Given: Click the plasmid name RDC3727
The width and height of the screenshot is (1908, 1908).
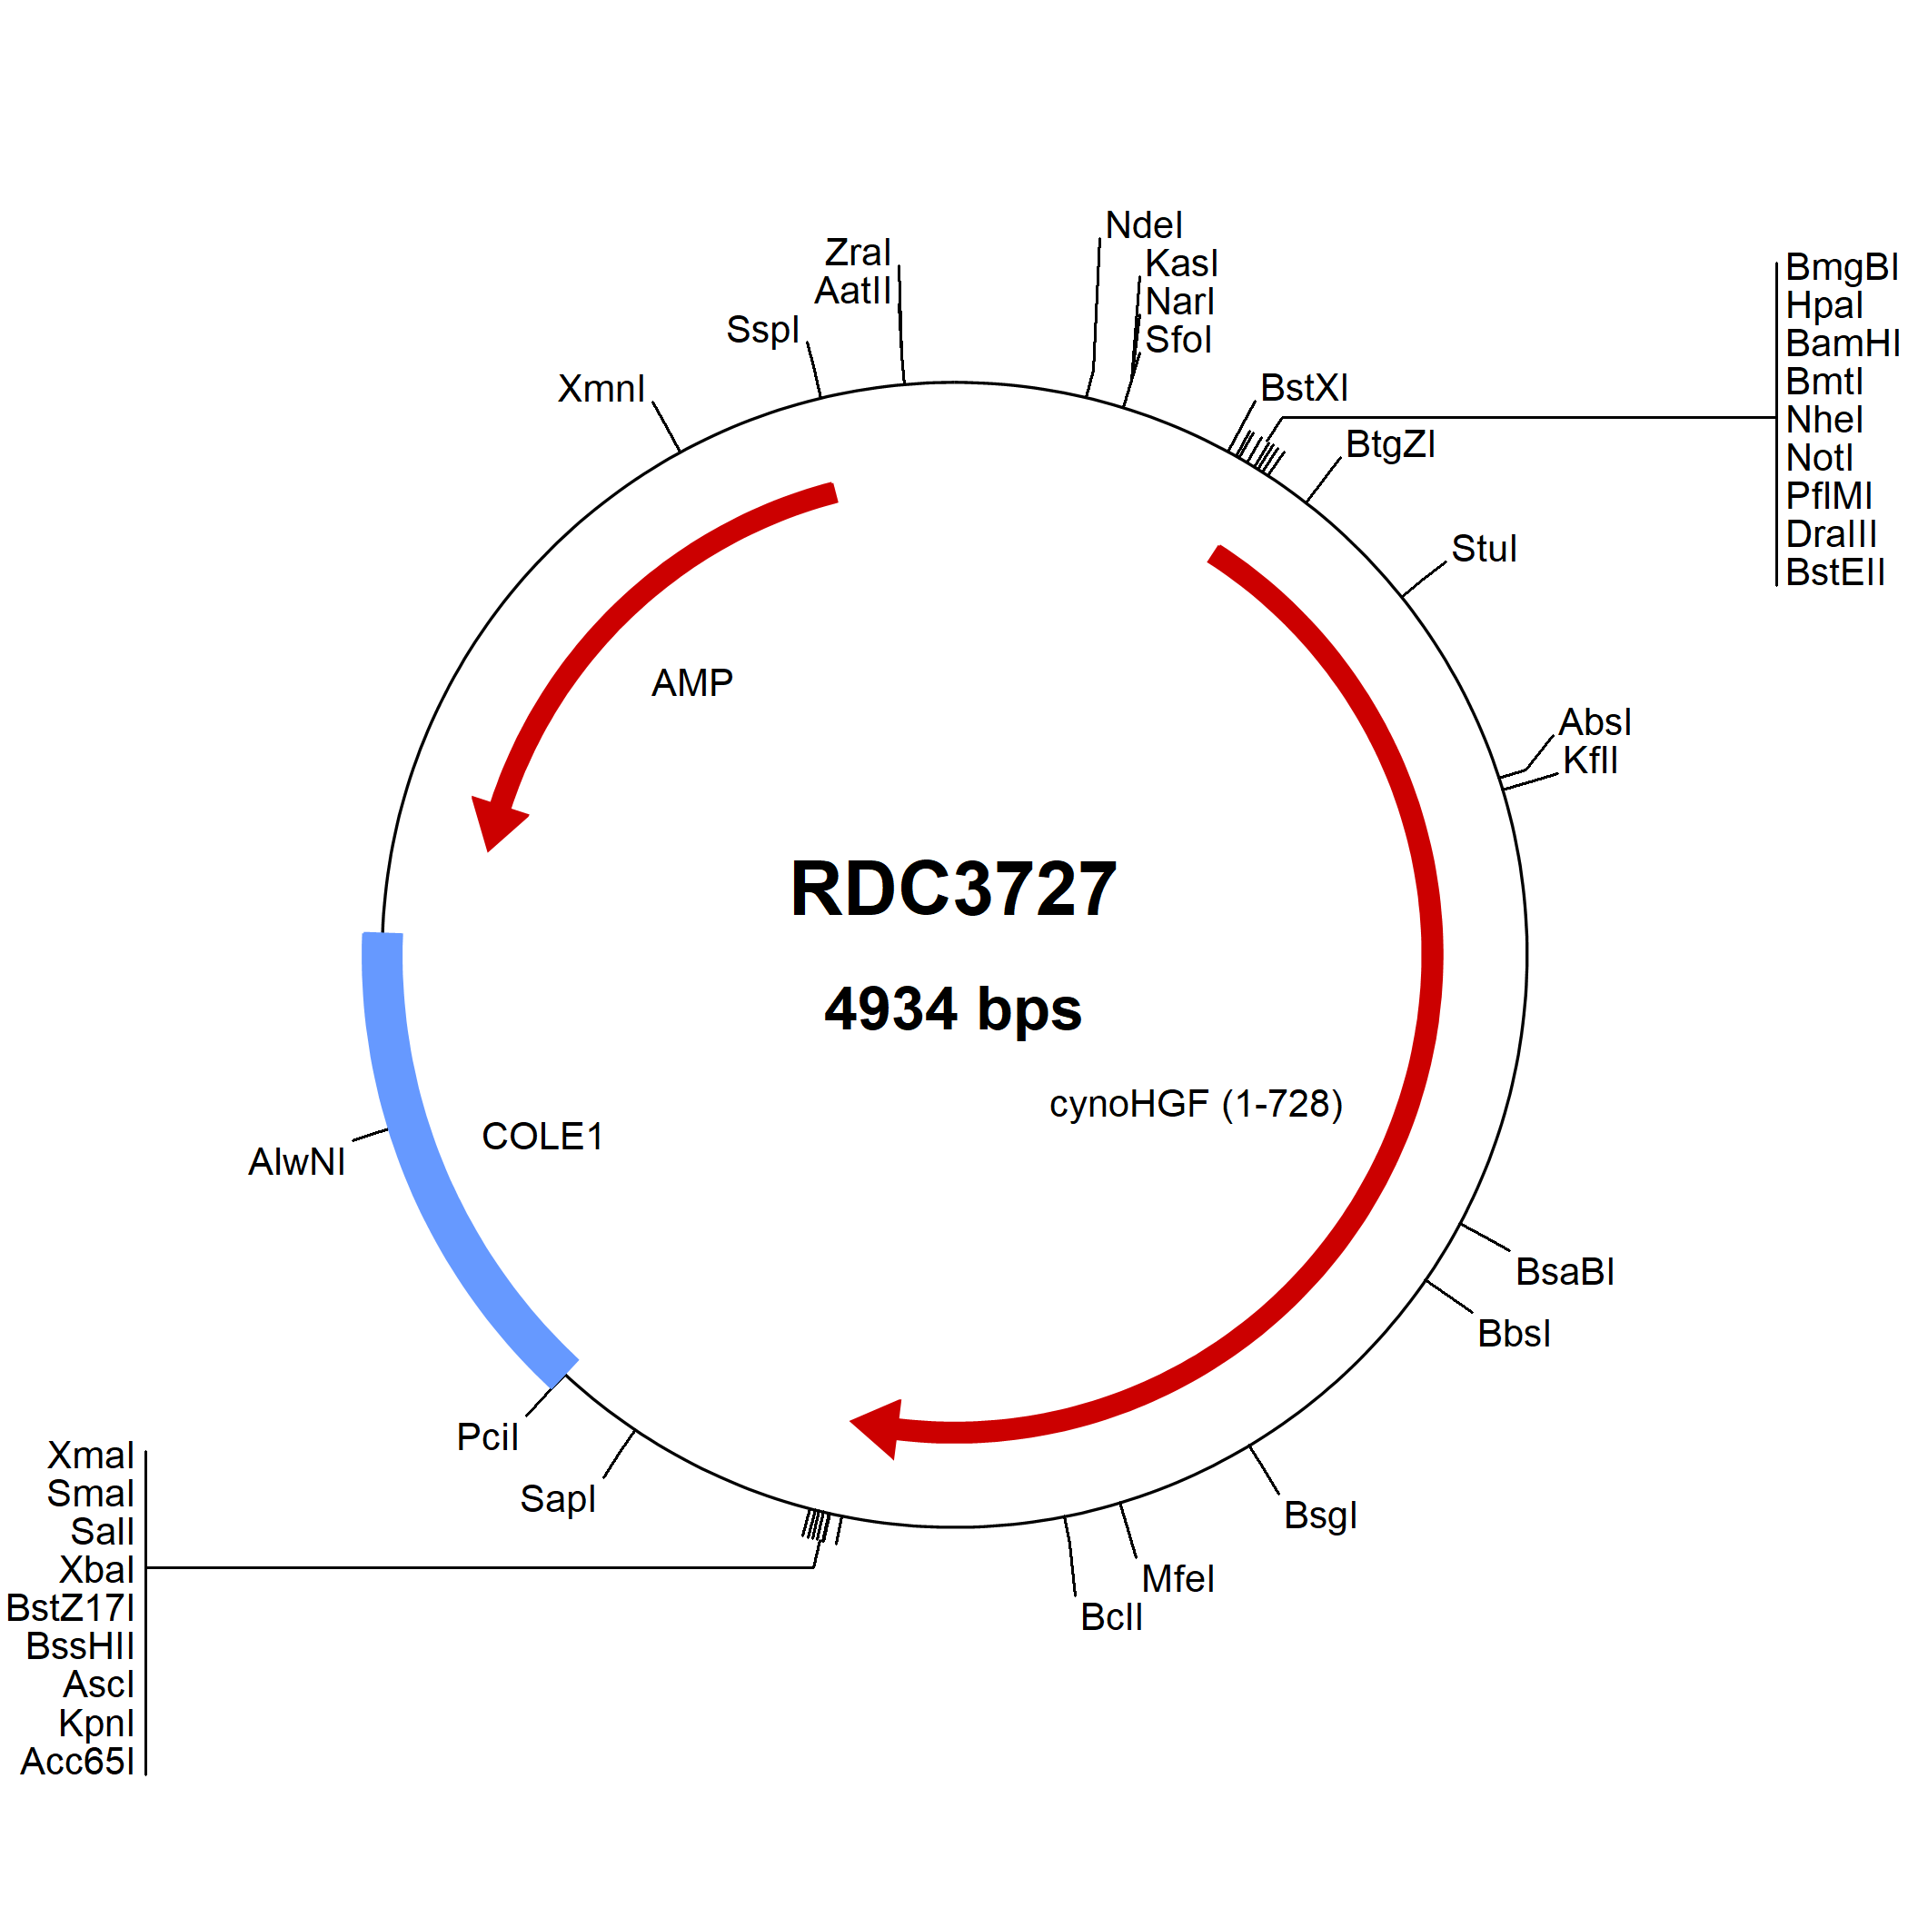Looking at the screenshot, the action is (953, 889).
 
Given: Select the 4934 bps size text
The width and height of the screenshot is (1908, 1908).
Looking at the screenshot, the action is (953, 1009).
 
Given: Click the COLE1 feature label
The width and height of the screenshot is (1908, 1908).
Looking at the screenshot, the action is (542, 1137).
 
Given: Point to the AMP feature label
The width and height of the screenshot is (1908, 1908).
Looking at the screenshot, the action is (692, 683).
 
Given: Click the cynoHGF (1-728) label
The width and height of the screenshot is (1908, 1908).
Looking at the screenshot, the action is (1196, 1104).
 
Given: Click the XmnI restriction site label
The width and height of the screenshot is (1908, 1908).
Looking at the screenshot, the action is (601, 389).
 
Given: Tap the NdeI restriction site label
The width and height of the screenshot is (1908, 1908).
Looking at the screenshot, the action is (1144, 226).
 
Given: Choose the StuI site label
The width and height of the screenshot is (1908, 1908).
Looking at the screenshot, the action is (1485, 549).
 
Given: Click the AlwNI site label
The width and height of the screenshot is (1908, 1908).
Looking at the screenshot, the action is (297, 1162).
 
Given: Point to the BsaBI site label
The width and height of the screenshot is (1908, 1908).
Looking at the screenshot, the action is (1565, 1272).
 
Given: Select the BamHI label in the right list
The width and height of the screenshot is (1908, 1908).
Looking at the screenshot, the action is (1843, 343).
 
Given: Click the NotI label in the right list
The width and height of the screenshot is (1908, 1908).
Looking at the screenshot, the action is (1820, 458).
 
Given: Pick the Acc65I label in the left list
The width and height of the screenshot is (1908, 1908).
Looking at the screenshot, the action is (78, 1761).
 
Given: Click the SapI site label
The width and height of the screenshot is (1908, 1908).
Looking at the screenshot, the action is (558, 1499).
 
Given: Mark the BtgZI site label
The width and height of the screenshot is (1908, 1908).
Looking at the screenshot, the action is (1390, 444).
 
